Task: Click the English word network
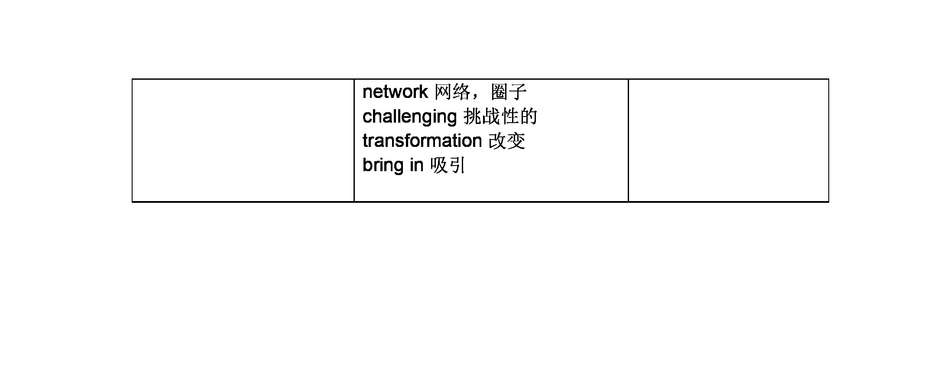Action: pyautogui.click(x=395, y=92)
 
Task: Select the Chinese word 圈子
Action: pyautogui.click(x=509, y=92)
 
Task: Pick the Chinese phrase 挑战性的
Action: pyautogui.click(x=500, y=116)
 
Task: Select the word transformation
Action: pyautogui.click(x=422, y=141)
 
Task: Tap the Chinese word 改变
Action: pyautogui.click(x=507, y=141)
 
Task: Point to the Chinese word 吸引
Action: pyautogui.click(x=448, y=165)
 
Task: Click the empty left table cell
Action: pyautogui.click(x=243, y=140)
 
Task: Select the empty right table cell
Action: pyautogui.click(x=728, y=140)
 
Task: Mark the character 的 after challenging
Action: pyautogui.click(x=529, y=116)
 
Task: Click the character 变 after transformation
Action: pyautogui.click(x=516, y=141)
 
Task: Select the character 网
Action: pyautogui.click(x=443, y=92)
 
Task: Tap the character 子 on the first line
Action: pyautogui.click(x=518, y=92)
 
